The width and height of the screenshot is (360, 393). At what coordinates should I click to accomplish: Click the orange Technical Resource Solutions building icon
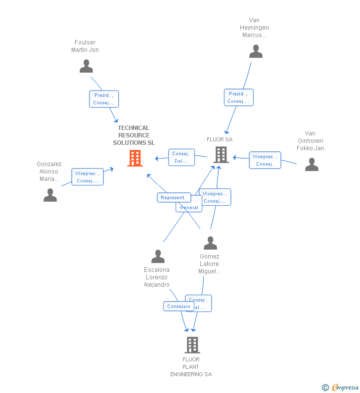135,158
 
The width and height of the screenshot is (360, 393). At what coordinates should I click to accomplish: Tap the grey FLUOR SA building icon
221,155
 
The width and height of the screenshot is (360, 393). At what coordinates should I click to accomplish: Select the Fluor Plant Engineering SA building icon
192,345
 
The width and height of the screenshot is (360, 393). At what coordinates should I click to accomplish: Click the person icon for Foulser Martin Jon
86,66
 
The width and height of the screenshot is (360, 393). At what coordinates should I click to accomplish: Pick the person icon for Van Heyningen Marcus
256,51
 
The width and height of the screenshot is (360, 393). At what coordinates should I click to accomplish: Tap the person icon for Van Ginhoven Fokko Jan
312,164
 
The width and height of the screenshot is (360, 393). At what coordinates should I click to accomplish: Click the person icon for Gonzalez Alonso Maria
50,195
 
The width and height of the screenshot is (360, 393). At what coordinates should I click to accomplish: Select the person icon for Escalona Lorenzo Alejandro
158,257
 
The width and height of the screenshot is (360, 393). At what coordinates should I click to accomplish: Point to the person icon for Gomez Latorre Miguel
210,243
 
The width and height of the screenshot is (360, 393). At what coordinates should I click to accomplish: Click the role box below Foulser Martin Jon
104,99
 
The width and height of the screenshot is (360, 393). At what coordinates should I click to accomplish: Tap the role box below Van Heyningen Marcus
238,97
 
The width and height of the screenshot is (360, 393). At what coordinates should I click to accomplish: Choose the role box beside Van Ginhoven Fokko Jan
265,160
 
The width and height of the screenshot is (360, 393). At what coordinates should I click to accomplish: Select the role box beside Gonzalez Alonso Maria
88,177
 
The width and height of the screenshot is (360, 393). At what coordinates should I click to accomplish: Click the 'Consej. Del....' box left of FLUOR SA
181,158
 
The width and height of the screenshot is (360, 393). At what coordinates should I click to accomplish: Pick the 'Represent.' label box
173,197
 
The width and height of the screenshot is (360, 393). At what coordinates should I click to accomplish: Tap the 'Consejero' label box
178,306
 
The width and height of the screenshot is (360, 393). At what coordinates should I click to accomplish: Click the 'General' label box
189,208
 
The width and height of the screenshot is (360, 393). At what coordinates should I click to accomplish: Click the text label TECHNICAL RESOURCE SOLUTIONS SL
134,135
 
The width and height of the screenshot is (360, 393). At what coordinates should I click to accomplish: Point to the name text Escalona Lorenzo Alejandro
157,277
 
